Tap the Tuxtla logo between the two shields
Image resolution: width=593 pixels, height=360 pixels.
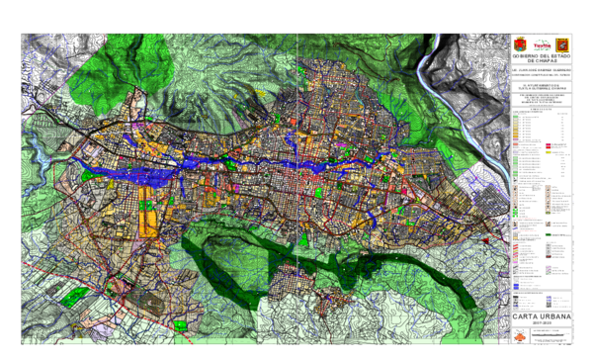pos(541,45)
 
